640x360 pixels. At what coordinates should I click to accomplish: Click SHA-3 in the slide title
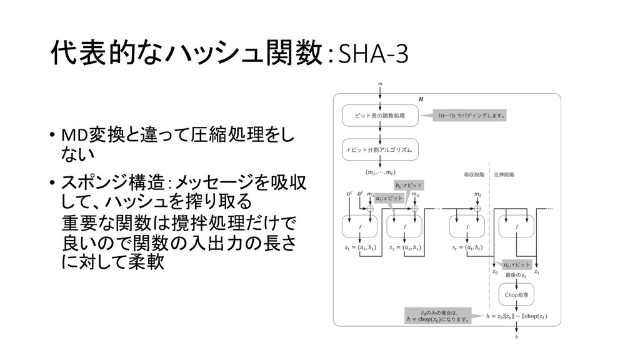(x=372, y=56)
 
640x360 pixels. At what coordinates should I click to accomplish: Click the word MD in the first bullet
(x=68, y=136)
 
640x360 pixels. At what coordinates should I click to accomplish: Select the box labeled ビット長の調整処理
(x=379, y=115)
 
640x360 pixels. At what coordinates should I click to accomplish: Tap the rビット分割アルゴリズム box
(x=379, y=150)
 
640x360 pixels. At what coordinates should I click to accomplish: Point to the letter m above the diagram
(x=380, y=82)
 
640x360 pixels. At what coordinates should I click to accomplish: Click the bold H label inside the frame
(x=420, y=99)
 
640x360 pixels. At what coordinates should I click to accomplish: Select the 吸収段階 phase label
(x=473, y=175)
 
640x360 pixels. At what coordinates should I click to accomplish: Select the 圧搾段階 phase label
(x=504, y=175)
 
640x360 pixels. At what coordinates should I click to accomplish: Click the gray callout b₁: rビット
(x=409, y=185)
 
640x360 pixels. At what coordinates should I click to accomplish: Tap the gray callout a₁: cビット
(x=389, y=197)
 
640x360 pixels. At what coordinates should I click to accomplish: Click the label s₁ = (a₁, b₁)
(x=361, y=247)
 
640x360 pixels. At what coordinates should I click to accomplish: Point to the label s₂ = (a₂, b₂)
(x=406, y=247)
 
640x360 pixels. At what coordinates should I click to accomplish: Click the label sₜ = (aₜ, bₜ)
(x=469, y=247)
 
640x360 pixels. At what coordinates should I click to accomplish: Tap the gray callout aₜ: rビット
(x=517, y=264)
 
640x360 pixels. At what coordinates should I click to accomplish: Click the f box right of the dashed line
(x=516, y=227)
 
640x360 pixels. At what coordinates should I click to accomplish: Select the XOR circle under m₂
(x=414, y=209)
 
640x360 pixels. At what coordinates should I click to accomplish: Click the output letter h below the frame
(x=516, y=338)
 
